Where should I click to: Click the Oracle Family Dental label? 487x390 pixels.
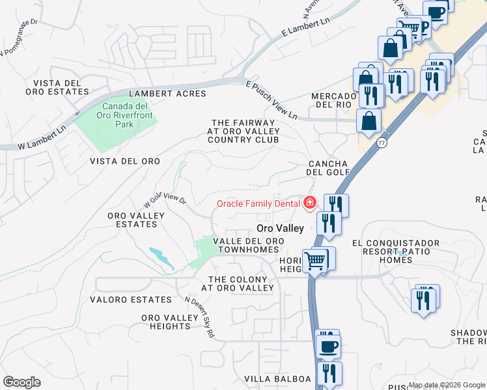258,203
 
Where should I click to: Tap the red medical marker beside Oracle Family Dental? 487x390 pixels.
310,203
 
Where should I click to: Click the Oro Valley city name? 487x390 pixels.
280,228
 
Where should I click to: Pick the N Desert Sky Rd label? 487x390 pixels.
200,317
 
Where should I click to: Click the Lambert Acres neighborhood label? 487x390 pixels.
167,94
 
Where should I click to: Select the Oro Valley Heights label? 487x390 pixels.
169,321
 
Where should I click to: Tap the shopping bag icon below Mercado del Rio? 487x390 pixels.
369,121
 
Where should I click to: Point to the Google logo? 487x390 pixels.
21,382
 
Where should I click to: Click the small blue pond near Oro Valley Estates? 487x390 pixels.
161,257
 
